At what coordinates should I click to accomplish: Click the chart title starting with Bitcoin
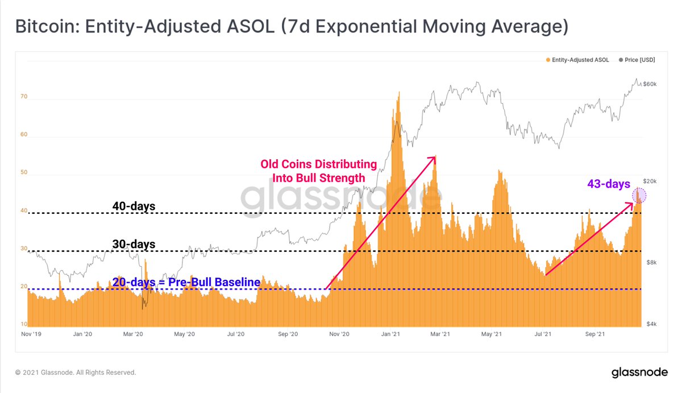[291, 27]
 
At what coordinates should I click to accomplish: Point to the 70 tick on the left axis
[24, 97]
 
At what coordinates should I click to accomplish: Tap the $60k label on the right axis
[650, 84]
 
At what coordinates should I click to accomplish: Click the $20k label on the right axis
[650, 181]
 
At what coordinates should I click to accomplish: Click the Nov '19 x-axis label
[31, 334]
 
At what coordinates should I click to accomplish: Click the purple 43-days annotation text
[609, 184]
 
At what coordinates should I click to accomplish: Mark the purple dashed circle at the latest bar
[640, 196]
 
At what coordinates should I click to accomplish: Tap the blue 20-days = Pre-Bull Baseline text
[186, 282]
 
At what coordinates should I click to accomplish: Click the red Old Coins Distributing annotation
[318, 171]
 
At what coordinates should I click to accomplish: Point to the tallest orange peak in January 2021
[399, 94]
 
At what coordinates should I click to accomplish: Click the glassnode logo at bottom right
[639, 373]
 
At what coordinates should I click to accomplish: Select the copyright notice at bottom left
[76, 373]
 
